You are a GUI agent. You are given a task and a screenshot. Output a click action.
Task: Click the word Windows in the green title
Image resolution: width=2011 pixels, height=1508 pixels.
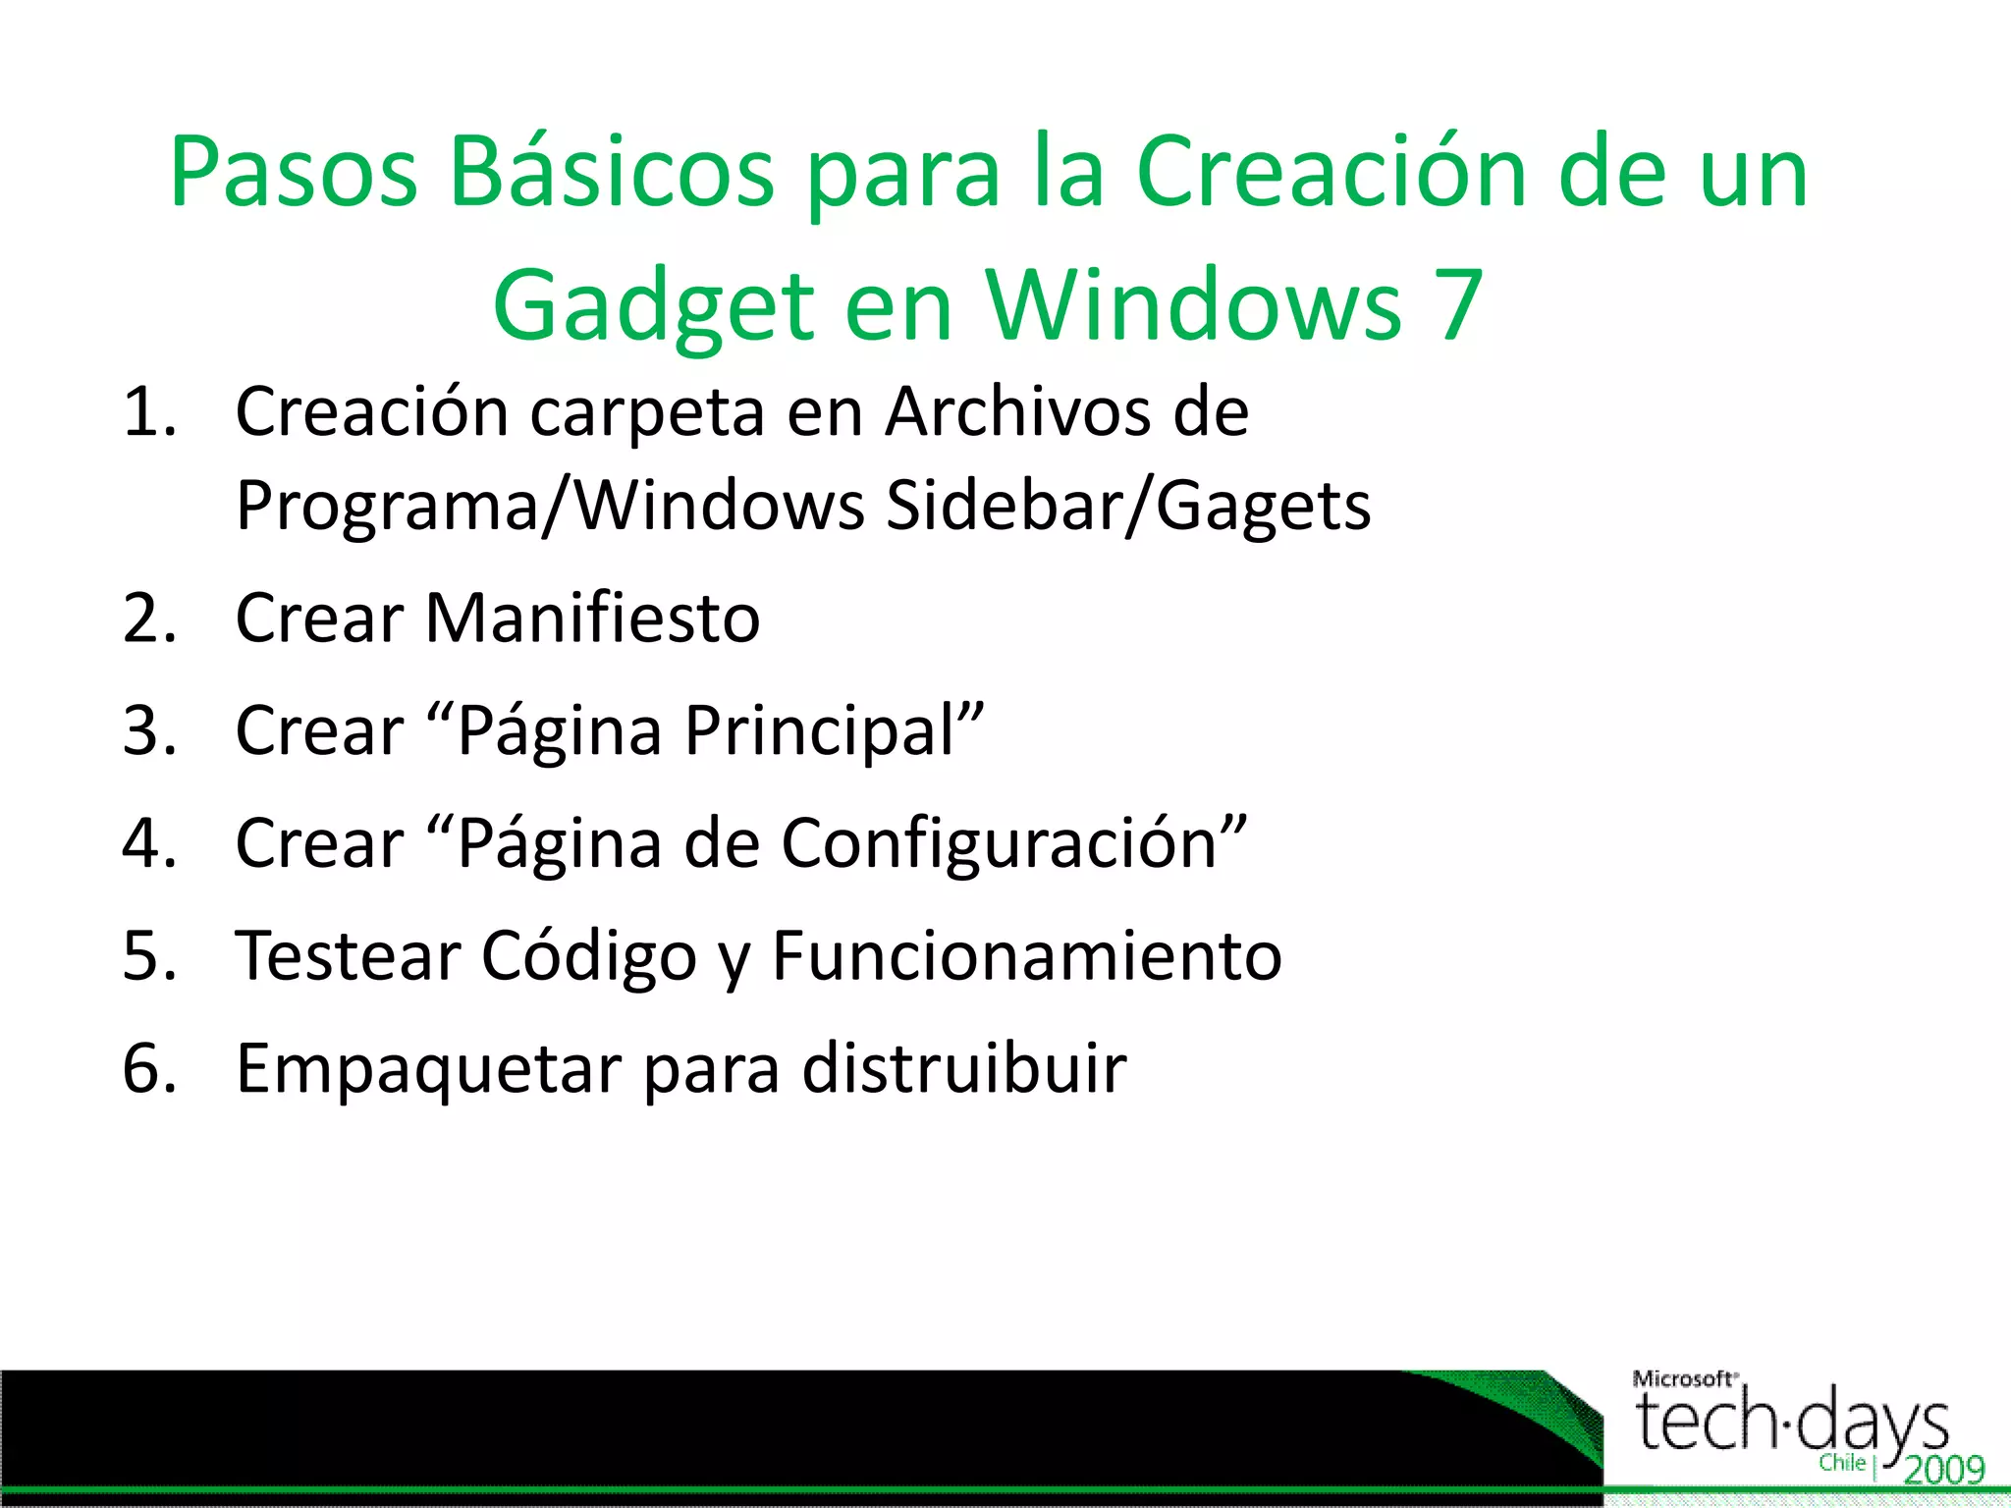1193,306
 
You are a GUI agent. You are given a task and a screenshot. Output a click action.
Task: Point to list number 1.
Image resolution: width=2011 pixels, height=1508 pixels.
149,412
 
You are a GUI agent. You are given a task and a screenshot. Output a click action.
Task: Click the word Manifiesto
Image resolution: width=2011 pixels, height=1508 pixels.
592,619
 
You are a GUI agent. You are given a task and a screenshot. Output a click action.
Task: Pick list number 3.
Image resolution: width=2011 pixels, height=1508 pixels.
149,732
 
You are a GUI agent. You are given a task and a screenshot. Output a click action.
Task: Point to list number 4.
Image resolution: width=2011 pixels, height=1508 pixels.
149,844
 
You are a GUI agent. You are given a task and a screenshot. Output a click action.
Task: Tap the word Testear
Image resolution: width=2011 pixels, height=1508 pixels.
349,956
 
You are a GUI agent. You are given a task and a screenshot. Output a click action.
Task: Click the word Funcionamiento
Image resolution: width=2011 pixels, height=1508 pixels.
1027,956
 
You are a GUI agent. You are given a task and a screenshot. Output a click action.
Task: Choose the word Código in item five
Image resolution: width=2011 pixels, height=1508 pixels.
589,956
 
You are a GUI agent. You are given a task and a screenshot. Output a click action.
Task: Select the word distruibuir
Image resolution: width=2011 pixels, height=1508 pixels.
964,1069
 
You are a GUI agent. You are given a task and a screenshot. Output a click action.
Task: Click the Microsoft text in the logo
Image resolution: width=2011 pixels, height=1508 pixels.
1683,1379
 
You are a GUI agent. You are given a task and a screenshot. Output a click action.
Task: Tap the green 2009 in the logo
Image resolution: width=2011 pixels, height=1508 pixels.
1944,1470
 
